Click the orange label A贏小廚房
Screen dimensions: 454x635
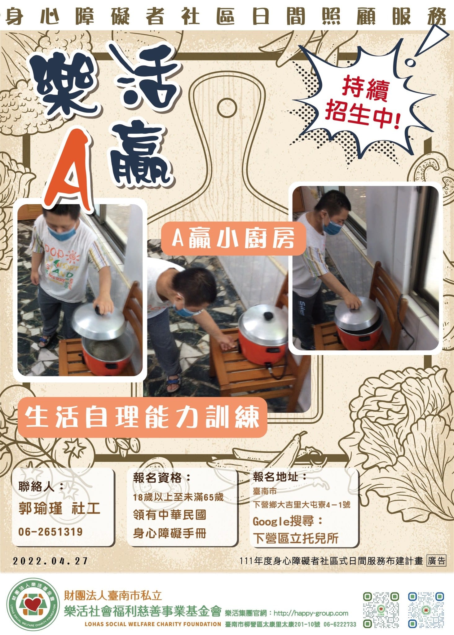[x=233, y=238]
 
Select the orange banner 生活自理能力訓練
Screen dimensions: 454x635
[x=142, y=417]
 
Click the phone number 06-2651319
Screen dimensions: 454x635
[x=51, y=532]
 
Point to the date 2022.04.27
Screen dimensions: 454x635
[x=51, y=561]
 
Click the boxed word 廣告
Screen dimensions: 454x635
[x=436, y=561]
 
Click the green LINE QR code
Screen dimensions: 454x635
[x=381, y=610]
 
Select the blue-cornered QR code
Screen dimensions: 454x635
[x=426, y=610]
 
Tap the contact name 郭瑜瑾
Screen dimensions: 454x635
[x=40, y=509]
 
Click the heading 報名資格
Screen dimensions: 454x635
[x=157, y=478]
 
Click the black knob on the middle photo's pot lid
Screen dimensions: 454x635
[x=267, y=317]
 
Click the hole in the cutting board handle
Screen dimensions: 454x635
[x=227, y=108]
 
